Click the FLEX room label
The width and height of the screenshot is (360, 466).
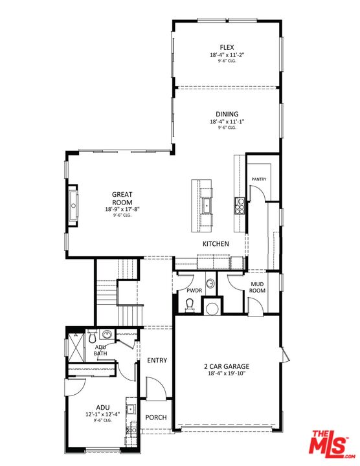[227, 47]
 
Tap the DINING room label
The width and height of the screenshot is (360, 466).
[227, 114]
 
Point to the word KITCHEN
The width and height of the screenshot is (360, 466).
[216, 244]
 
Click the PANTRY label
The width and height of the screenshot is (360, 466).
[259, 179]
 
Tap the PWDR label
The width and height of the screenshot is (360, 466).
[194, 291]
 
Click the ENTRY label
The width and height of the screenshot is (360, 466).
[157, 361]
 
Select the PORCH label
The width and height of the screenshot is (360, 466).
[157, 418]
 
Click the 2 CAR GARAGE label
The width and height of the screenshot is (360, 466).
[227, 366]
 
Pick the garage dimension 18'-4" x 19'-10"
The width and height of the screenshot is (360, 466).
[227, 374]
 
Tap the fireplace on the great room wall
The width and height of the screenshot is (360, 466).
[73, 206]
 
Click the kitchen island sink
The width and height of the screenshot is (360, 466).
[207, 205]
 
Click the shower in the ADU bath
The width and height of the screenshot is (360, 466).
[77, 349]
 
